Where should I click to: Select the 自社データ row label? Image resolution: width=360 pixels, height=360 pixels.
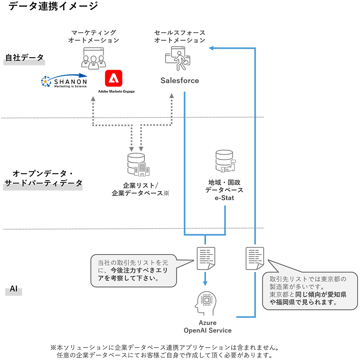click(x=24, y=58)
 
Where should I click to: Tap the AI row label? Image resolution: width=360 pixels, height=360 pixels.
click(x=14, y=289)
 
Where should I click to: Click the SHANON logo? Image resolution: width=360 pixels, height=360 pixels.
click(x=64, y=81)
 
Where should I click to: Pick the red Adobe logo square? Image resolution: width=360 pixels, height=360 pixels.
click(x=113, y=78)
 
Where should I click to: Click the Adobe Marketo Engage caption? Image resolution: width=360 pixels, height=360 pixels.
click(x=116, y=91)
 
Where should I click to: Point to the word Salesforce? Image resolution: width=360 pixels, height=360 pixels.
click(x=180, y=80)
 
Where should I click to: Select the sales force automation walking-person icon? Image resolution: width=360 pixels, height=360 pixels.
click(x=178, y=58)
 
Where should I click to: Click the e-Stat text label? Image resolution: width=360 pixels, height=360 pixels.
click(x=224, y=198)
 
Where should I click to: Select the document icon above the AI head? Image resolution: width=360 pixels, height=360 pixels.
click(x=206, y=258)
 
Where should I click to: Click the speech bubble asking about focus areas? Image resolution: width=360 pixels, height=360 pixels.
click(x=134, y=271)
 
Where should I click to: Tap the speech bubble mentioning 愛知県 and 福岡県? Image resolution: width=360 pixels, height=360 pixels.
click(x=309, y=290)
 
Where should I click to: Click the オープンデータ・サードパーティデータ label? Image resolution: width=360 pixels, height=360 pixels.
click(x=43, y=178)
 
